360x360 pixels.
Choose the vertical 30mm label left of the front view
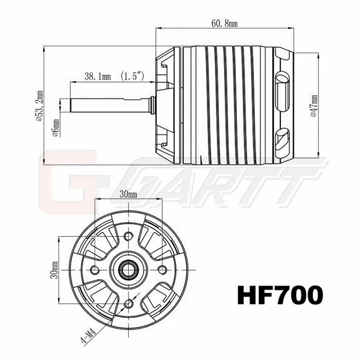(x=54, y=269)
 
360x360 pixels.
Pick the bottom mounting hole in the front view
(x=129, y=302)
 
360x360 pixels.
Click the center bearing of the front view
(x=129, y=269)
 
